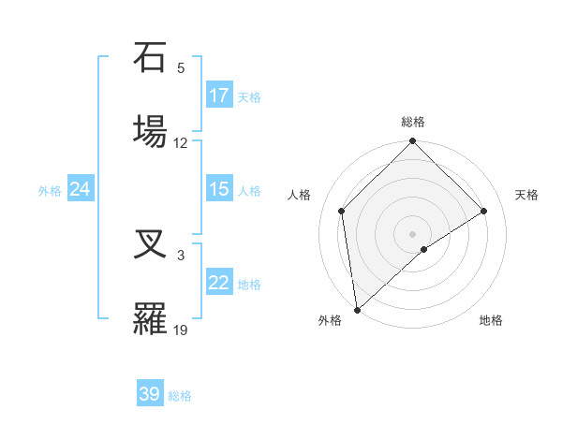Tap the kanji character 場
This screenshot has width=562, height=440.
click(x=152, y=129)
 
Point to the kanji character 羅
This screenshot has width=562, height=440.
click(x=152, y=318)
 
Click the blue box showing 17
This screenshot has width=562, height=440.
click(x=219, y=95)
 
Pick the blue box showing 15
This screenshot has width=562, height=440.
click(x=219, y=189)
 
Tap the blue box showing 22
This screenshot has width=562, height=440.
click(x=219, y=283)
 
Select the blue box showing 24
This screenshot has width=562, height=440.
click(x=81, y=189)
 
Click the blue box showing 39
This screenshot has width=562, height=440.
click(x=150, y=394)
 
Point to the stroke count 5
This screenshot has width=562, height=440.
click(x=181, y=68)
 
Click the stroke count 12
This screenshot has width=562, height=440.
click(x=181, y=143)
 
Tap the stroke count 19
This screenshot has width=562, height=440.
click(x=181, y=330)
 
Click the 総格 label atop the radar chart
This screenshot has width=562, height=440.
click(x=413, y=122)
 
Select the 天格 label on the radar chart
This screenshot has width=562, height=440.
click(x=526, y=195)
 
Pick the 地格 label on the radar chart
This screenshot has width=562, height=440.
click(x=491, y=320)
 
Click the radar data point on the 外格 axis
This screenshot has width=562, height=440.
click(x=357, y=310)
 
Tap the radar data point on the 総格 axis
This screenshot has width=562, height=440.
click(x=413, y=142)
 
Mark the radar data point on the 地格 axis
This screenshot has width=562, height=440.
click(x=424, y=249)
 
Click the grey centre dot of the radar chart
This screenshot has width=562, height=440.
click(x=413, y=233)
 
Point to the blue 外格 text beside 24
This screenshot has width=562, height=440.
click(x=50, y=190)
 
